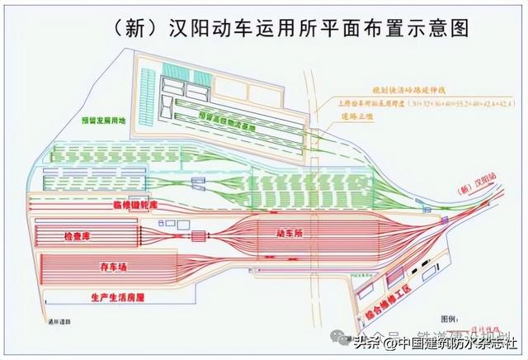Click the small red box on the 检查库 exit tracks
(198, 237)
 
